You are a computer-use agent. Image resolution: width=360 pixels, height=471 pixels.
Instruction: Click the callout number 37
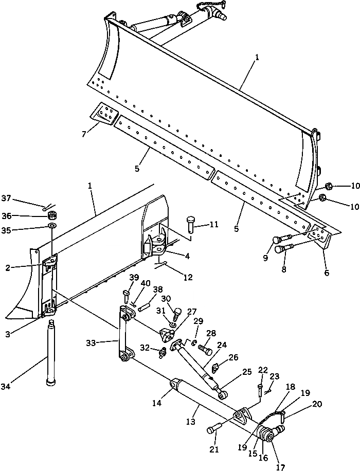point(6,198)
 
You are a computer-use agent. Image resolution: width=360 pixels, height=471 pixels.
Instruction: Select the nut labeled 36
point(52,215)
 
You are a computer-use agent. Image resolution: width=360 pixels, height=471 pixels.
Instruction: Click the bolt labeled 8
point(283,249)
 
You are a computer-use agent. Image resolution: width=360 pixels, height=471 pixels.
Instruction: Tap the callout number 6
point(326,274)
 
